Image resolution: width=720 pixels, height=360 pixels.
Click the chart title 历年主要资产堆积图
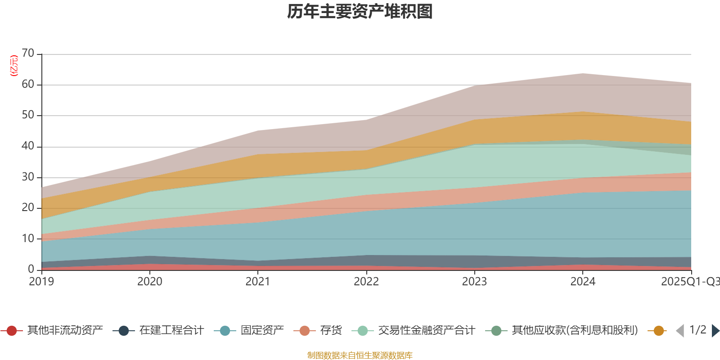(x=360, y=12)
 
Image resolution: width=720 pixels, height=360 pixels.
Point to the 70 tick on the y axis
(x=28, y=54)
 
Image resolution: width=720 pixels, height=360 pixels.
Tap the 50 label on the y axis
(x=28, y=115)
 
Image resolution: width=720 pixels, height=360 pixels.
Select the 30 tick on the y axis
(x=28, y=177)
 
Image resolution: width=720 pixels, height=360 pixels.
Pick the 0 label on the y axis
(x=31, y=269)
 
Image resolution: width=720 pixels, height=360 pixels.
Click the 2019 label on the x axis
(x=41, y=282)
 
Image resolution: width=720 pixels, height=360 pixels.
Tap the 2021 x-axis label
(x=258, y=282)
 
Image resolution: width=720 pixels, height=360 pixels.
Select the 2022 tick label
(x=366, y=282)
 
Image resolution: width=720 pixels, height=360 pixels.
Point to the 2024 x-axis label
(x=583, y=282)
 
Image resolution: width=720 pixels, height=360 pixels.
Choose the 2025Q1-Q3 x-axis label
(x=689, y=282)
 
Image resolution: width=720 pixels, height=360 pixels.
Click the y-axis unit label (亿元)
(x=14, y=66)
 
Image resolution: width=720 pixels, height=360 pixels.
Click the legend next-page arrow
(x=715, y=331)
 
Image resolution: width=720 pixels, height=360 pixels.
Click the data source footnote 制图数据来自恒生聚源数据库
(x=360, y=355)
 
